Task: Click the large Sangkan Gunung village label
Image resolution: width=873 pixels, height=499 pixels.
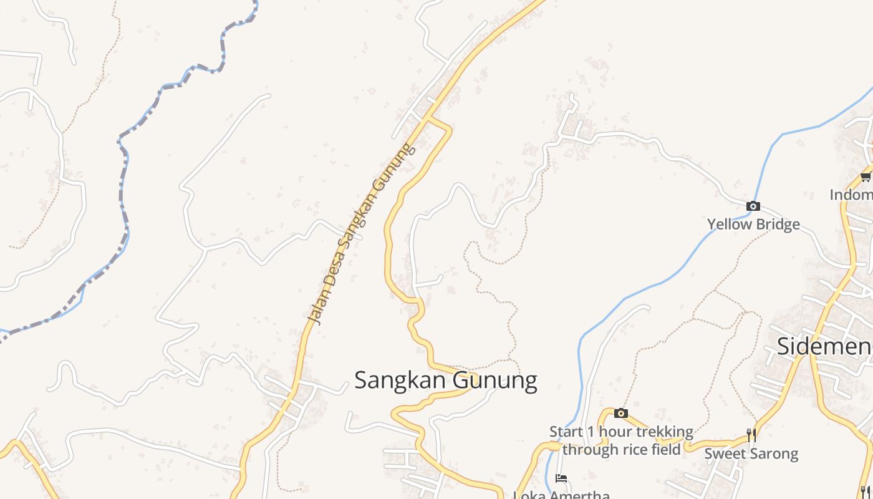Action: [445, 380]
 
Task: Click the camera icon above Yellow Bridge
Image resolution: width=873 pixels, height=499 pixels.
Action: [753, 206]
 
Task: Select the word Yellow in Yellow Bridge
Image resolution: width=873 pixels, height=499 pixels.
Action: [729, 225]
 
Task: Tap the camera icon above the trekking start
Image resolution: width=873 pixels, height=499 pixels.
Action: [620, 413]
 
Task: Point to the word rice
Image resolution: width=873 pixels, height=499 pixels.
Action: [631, 450]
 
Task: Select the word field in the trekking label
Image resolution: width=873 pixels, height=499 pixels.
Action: [663, 450]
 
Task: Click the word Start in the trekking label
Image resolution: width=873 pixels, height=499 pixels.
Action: [567, 432]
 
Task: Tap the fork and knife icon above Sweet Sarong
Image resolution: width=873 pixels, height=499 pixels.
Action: [751, 435]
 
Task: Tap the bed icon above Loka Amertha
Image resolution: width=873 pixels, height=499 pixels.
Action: [561, 479]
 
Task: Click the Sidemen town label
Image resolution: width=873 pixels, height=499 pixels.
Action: [824, 346]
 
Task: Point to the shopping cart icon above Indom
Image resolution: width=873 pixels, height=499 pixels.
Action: [866, 177]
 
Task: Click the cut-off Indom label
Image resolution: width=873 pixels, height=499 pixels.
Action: [851, 195]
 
